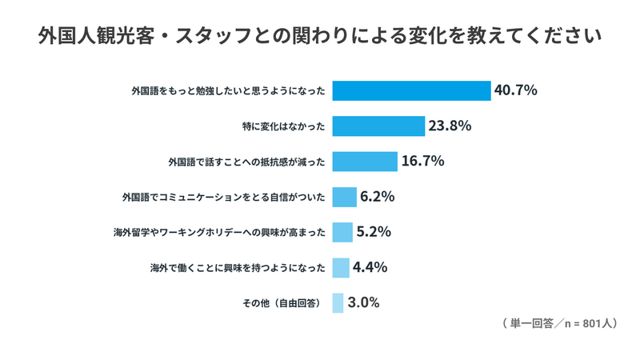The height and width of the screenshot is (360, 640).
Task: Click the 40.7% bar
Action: coord(411,90)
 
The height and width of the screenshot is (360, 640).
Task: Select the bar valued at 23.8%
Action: coord(378,126)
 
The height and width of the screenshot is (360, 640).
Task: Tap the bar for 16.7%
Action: coord(365,162)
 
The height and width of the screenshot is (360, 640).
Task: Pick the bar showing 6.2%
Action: coord(345,197)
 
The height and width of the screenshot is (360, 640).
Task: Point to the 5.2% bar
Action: coord(342,232)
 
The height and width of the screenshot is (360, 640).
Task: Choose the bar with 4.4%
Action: coord(341,268)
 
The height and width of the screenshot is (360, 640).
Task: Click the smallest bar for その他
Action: coord(338,303)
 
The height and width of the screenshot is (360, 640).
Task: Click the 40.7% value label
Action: coord(515,90)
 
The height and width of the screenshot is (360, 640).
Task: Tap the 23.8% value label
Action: coord(450,126)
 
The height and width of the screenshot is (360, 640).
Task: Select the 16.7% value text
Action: coord(423,162)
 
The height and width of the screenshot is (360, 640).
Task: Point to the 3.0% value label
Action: coord(364,302)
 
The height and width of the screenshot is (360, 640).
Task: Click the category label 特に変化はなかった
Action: coord(284,126)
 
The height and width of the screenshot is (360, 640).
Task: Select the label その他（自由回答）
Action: coord(282,303)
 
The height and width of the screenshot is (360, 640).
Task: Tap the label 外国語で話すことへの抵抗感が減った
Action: coord(247,162)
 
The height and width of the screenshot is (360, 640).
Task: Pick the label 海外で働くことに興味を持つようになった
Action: coord(238,268)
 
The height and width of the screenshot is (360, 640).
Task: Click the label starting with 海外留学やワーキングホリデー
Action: coord(219,233)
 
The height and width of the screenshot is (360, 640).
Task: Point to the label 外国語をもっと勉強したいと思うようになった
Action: coord(229,91)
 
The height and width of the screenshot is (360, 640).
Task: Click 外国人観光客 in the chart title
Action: coord(97,36)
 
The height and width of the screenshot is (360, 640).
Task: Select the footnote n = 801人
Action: coord(590,324)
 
